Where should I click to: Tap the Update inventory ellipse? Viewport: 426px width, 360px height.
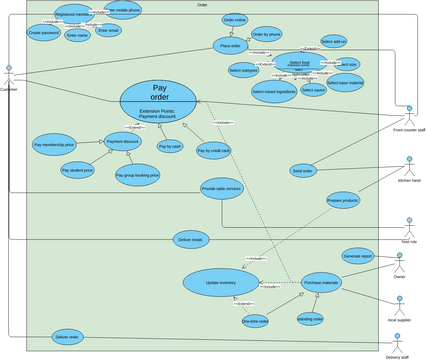pyautogui.click(x=221, y=282)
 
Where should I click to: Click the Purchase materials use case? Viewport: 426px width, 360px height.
pyautogui.click(x=322, y=282)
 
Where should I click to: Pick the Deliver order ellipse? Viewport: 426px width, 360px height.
pyautogui.click(x=68, y=337)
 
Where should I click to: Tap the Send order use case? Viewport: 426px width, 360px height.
pyautogui.click(x=302, y=170)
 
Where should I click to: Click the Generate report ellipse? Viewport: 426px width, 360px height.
pyautogui.click(x=358, y=255)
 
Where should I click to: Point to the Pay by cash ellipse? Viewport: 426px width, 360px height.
pyautogui.click(x=170, y=146)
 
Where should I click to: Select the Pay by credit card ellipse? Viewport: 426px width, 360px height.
pyautogui.click(x=214, y=151)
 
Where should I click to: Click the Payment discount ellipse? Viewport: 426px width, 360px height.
pyautogui.click(x=122, y=143)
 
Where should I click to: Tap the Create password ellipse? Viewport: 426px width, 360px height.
pyautogui.click(x=42, y=32)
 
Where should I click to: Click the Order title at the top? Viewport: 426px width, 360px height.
pyautogui.click(x=203, y=5)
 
